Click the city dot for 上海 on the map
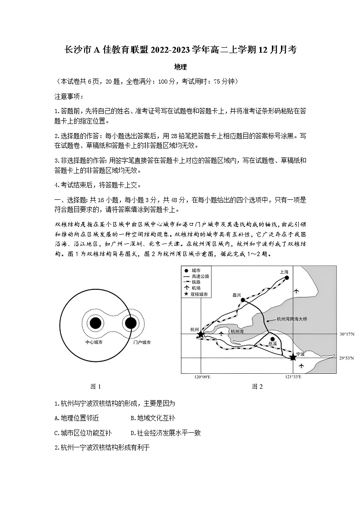pos(287,277)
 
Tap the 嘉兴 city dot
pos(243,300)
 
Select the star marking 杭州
pos(201,334)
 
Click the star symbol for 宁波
pos(293,358)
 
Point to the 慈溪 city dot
pos(272,339)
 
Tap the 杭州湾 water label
pos(237,332)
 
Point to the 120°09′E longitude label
pos(202,377)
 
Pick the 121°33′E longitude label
pos(293,377)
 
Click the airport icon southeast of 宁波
pos(301,366)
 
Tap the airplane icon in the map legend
pos(186,288)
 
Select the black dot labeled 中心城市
pos(95,323)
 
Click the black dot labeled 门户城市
pos(130,323)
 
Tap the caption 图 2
pos(257,386)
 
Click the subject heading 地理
pos(180,67)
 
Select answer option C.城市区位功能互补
pos(83,433)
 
